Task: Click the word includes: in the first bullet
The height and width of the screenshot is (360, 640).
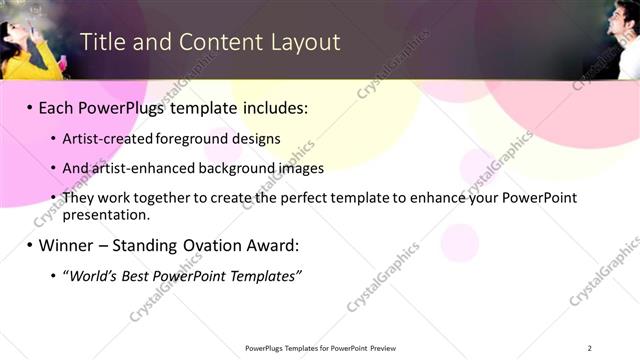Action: tap(271, 106)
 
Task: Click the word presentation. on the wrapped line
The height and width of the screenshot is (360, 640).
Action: tap(106, 214)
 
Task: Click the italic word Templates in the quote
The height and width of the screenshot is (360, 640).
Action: tap(264, 276)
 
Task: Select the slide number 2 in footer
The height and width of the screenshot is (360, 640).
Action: tap(590, 348)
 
